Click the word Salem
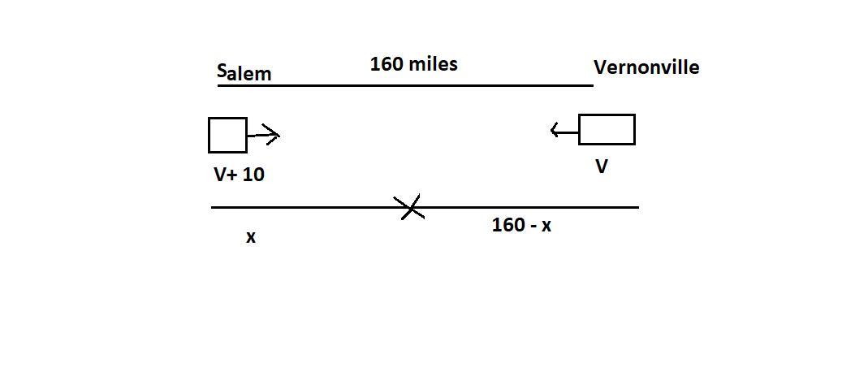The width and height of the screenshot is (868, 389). (244, 73)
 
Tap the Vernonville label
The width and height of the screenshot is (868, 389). (646, 67)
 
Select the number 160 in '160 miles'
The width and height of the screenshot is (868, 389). (386, 63)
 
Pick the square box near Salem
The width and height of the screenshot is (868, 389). (227, 135)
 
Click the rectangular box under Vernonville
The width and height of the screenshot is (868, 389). (607, 130)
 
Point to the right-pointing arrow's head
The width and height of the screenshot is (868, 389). (274, 136)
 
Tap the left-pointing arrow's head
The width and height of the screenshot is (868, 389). (555, 130)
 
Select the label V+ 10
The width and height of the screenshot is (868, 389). (239, 174)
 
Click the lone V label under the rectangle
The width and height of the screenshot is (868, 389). (602, 166)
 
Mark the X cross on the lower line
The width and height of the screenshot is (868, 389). (412, 208)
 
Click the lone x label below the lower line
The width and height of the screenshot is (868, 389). (251, 237)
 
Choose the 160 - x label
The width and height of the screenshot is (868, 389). (521, 225)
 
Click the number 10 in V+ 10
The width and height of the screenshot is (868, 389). (253, 174)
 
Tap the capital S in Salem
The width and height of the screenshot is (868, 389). (222, 71)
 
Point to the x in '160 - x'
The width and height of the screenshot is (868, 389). (546, 226)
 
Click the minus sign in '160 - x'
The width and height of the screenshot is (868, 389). (531, 226)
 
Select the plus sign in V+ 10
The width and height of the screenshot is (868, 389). (233, 174)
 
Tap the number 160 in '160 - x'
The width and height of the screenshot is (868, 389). (507, 225)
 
